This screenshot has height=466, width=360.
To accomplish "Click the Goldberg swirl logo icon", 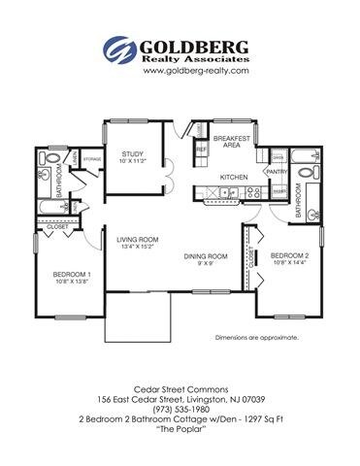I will click(118, 50).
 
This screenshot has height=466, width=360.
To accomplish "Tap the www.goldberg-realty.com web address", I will click(182, 72).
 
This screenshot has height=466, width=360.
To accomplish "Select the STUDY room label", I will click(132, 153).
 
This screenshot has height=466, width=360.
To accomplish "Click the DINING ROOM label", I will click(205, 256).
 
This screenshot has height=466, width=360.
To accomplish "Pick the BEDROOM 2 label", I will click(290, 255).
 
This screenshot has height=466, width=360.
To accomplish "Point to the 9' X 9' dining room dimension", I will click(205, 264).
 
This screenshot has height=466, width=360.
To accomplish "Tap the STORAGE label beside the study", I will click(92, 158).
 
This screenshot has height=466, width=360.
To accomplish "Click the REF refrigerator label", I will click(201, 150).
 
